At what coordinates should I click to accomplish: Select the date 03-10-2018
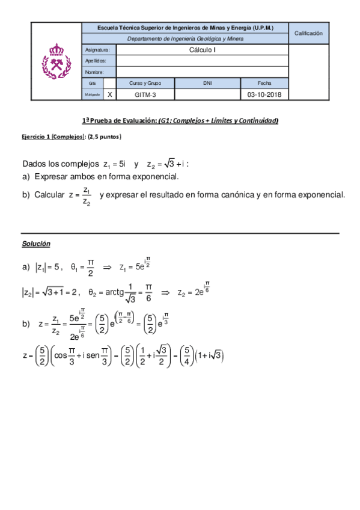(x=264, y=94)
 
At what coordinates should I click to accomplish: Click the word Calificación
(x=309, y=34)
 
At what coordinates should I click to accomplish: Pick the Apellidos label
(x=96, y=61)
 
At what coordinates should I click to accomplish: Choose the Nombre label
(x=95, y=72)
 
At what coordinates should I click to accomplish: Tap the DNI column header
(x=207, y=83)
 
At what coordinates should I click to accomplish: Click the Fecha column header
(x=264, y=83)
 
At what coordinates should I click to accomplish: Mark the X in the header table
(x=109, y=94)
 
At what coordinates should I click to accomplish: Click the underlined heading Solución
(x=36, y=244)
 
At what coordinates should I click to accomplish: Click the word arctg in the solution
(x=115, y=292)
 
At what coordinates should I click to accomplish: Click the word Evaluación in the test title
(x=139, y=121)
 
